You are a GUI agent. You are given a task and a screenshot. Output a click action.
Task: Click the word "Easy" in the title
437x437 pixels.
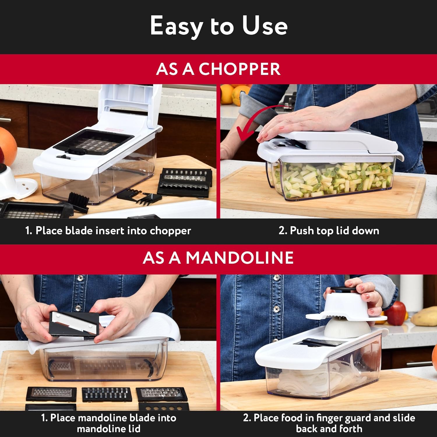point(176,26)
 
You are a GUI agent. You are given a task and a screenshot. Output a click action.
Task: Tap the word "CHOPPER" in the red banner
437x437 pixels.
point(239,69)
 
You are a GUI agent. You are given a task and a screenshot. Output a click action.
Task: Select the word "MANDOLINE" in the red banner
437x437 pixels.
point(239,258)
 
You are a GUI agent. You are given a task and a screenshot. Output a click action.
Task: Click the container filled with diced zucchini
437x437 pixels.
point(332,179)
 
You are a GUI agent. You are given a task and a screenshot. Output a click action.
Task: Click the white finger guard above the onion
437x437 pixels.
point(345,309)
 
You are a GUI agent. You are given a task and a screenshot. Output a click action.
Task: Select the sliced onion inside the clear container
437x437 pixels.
point(303,379)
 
